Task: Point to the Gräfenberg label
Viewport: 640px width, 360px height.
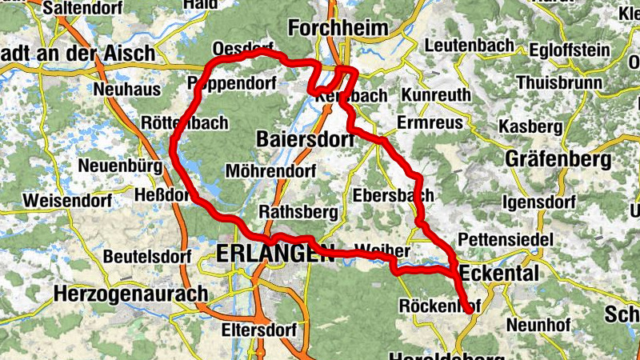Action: pyautogui.click(x=558, y=159)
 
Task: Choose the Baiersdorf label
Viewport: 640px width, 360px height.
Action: pyautogui.click(x=306, y=139)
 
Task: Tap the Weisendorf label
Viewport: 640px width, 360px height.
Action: pyautogui.click(x=62, y=199)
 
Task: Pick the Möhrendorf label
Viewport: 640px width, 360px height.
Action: pyautogui.click(x=271, y=170)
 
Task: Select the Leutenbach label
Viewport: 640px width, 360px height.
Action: pyautogui.click(x=470, y=46)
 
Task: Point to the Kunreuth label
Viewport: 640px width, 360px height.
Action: pyautogui.click(x=436, y=96)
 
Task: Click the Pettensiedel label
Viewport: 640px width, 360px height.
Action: pyautogui.click(x=505, y=239)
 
